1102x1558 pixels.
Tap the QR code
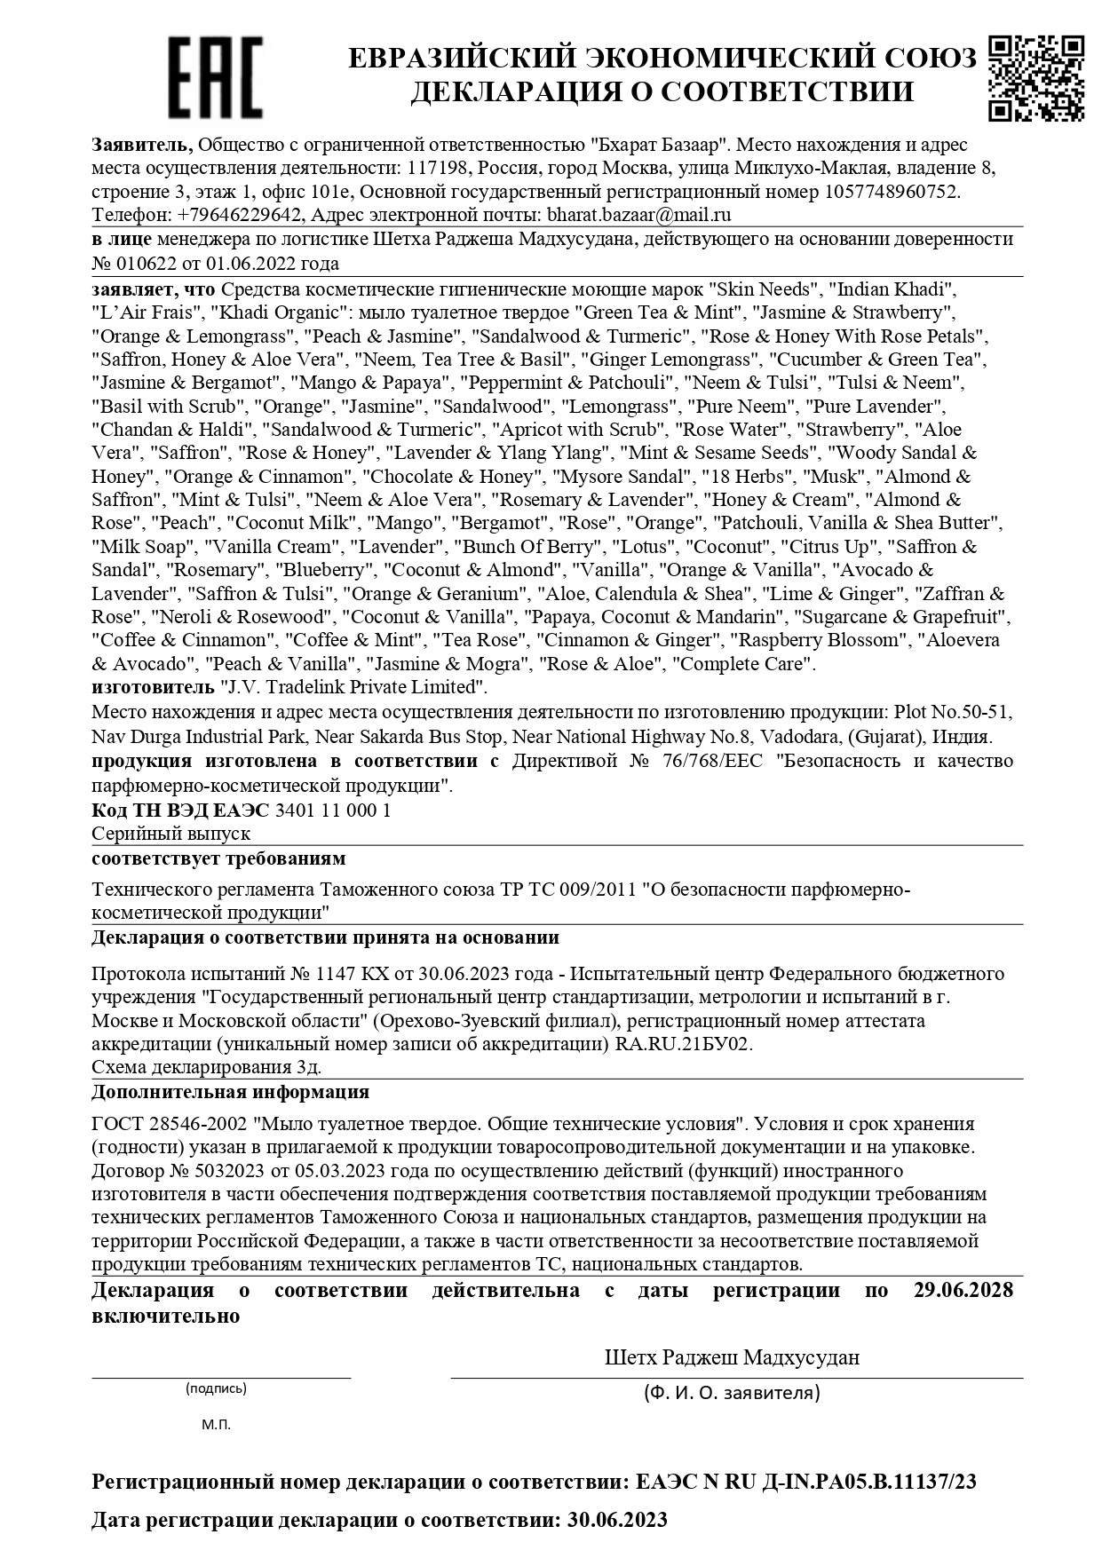click(1035, 77)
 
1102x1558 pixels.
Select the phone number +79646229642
click(241, 215)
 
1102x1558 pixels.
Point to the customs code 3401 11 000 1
click(334, 811)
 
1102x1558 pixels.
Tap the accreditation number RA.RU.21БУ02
click(684, 1044)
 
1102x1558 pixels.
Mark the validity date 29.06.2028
click(963, 1291)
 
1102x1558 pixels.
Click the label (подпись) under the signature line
click(216, 1388)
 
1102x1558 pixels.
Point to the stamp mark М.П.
click(216, 1425)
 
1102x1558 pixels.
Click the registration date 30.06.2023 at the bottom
click(615, 1520)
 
